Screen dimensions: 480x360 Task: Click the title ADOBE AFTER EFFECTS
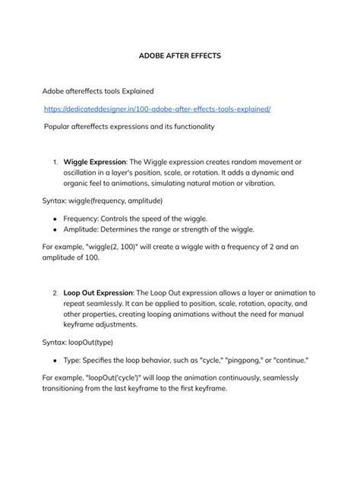click(x=179, y=55)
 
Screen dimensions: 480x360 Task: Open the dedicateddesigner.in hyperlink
click(x=156, y=109)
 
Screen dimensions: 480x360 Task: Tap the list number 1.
click(x=55, y=162)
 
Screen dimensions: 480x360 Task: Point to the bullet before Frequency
click(x=55, y=217)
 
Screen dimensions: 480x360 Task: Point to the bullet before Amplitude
click(x=55, y=229)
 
